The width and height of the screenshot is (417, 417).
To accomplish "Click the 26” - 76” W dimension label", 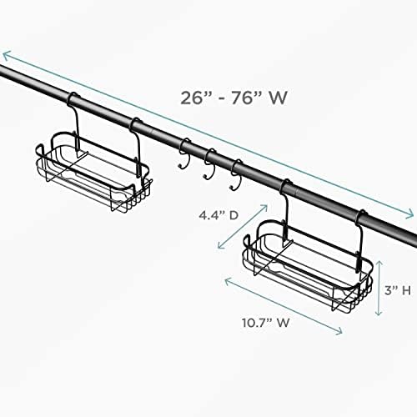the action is click(x=234, y=98).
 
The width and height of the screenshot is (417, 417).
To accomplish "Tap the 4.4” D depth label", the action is click(x=219, y=215).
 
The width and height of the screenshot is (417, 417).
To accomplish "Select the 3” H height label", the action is click(x=398, y=291).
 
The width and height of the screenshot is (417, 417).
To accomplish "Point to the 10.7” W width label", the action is click(x=266, y=323).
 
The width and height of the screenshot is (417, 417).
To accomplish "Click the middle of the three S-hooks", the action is click(x=210, y=164).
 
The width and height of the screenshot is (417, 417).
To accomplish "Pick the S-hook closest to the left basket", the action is click(x=184, y=153).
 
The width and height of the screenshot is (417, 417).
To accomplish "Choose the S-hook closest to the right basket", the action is click(x=236, y=174).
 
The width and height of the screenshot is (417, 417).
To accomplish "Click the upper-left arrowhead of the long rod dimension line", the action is click(x=6, y=55).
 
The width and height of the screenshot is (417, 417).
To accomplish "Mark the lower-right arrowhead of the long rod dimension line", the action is click(x=410, y=214).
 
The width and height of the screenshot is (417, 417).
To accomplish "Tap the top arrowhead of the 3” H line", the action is click(x=379, y=264).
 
